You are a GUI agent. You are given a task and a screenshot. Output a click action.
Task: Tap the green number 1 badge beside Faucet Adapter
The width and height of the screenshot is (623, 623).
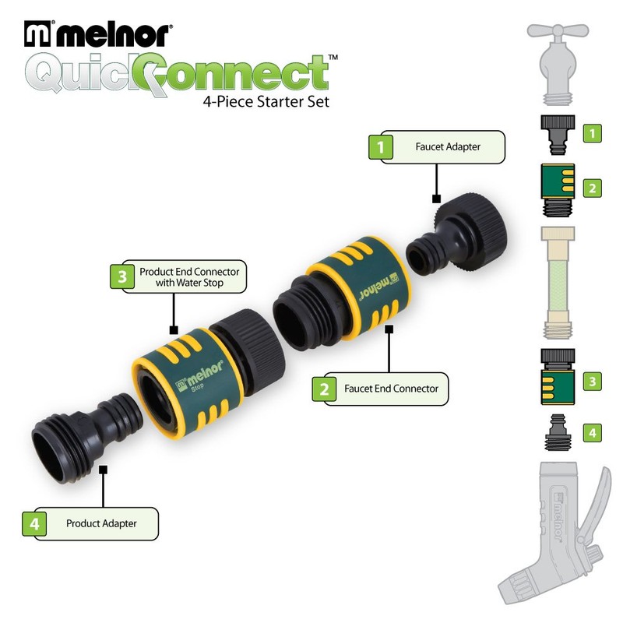(380, 146)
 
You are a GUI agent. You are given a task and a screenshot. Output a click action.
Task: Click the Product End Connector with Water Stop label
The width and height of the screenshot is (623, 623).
(189, 277)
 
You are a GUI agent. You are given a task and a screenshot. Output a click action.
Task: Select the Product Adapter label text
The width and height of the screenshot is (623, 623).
(101, 523)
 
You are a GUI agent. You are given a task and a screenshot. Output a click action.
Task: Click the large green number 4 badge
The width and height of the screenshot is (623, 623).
(34, 523)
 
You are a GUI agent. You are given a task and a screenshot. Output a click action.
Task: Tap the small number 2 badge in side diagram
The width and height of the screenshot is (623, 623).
(593, 187)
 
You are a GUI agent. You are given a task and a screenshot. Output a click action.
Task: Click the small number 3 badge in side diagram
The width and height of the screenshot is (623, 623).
(593, 381)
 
